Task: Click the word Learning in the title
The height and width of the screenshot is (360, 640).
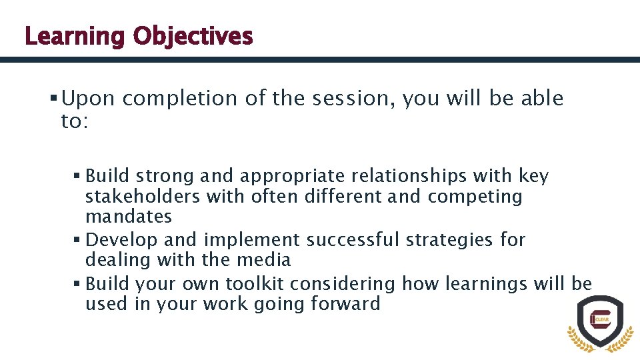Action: click(74, 36)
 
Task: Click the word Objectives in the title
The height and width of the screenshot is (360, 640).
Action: click(192, 36)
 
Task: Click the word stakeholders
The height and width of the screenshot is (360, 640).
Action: click(143, 197)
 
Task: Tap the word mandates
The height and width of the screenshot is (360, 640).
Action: click(129, 217)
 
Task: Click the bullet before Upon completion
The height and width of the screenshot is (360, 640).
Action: click(53, 99)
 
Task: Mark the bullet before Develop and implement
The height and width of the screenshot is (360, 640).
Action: click(77, 239)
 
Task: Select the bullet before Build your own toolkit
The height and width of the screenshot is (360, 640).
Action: click(77, 283)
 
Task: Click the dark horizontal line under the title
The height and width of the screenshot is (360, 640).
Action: click(320, 59)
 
